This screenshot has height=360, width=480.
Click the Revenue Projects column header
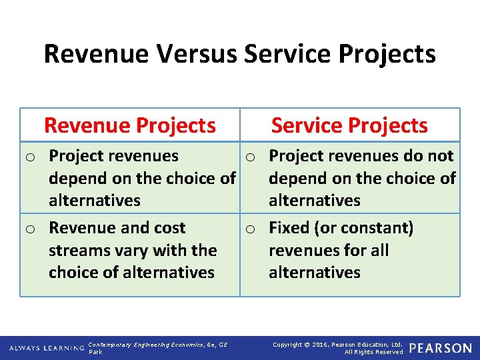point(130,125)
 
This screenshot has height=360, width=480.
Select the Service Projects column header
point(349,125)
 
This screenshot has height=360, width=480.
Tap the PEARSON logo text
point(440,348)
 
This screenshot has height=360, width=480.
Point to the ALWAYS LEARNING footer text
point(47,348)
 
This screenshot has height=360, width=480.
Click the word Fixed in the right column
point(287,228)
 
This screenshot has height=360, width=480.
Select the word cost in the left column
point(169,228)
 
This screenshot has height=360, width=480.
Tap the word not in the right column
point(441,156)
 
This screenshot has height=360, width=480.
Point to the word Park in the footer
point(95,351)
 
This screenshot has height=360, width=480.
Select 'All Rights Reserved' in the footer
point(373,351)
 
